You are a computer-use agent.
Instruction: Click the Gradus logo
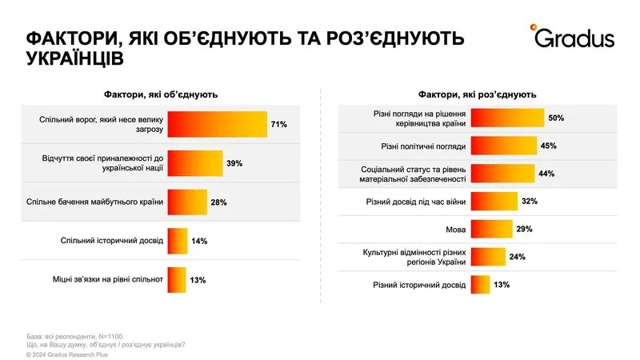point(571,36)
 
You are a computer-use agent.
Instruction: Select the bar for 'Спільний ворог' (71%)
point(217,125)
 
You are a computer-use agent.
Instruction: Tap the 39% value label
point(234,163)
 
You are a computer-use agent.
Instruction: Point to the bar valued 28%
point(187,202)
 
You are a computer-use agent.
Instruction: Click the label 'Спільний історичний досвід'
point(112,240)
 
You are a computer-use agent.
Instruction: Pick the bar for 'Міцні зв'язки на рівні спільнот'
point(176,279)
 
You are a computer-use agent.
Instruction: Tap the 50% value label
point(556,118)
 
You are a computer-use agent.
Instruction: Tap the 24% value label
point(517,256)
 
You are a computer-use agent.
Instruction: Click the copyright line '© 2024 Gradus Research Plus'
point(66,354)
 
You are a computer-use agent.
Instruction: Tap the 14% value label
point(198,241)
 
